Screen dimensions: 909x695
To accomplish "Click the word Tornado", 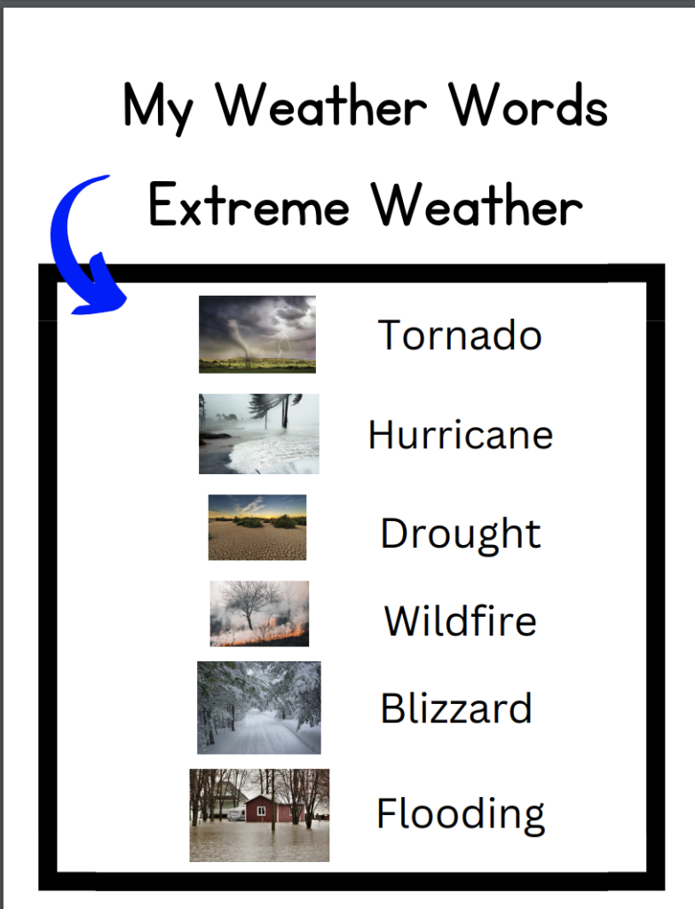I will pyautogui.click(x=460, y=336).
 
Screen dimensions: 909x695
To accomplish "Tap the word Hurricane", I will pyautogui.click(x=460, y=435).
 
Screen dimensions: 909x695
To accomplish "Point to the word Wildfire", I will pyautogui.click(x=460, y=620).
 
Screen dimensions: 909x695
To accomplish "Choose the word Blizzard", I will pyautogui.click(x=456, y=708).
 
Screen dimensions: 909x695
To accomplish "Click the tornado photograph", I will pyautogui.click(x=257, y=334).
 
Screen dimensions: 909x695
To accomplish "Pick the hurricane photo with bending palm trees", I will pyautogui.click(x=258, y=434).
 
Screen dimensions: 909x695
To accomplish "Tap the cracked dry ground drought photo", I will pyautogui.click(x=257, y=527).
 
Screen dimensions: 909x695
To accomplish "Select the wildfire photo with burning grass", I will pyautogui.click(x=259, y=613).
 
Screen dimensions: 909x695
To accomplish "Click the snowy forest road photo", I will pyautogui.click(x=258, y=707).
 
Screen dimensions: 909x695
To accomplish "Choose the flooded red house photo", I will pyautogui.click(x=259, y=815).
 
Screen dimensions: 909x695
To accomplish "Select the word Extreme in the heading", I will pyautogui.click(x=249, y=206).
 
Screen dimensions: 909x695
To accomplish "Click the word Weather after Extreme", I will pyautogui.click(x=477, y=206).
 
